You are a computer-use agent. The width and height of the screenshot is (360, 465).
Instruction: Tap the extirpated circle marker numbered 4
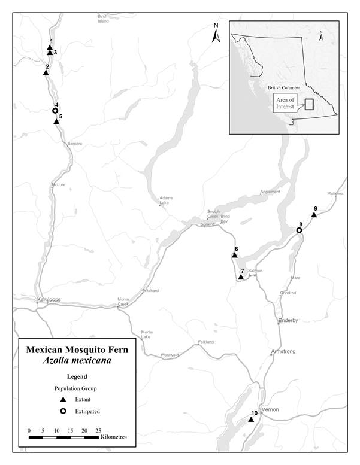pyautogui.click(x=55, y=111)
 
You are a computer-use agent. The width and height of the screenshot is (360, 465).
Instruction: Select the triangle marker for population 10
pyautogui.click(x=252, y=420)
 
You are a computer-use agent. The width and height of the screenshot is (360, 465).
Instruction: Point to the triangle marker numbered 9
pyautogui.click(x=314, y=215)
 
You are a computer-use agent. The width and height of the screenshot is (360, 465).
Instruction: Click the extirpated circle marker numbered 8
pyautogui.click(x=299, y=230)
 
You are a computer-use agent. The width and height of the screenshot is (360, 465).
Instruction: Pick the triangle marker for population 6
pyautogui.click(x=234, y=256)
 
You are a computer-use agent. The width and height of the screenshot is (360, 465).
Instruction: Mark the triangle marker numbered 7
pyautogui.click(x=240, y=278)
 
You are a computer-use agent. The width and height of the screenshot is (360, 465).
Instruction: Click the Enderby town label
pyautogui.click(x=288, y=321)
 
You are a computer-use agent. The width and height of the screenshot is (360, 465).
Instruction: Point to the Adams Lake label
pyautogui.click(x=165, y=200)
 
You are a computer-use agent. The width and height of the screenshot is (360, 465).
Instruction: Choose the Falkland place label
pyautogui.click(x=205, y=342)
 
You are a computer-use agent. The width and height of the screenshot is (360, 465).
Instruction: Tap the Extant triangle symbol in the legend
pyautogui.click(x=63, y=399)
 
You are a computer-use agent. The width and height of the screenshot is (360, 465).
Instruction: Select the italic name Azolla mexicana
pyautogui.click(x=76, y=361)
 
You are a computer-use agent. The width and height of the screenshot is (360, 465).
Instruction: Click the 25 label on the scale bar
pyautogui.click(x=98, y=430)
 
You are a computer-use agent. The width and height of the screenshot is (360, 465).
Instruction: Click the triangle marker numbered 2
pyautogui.click(x=46, y=73)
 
